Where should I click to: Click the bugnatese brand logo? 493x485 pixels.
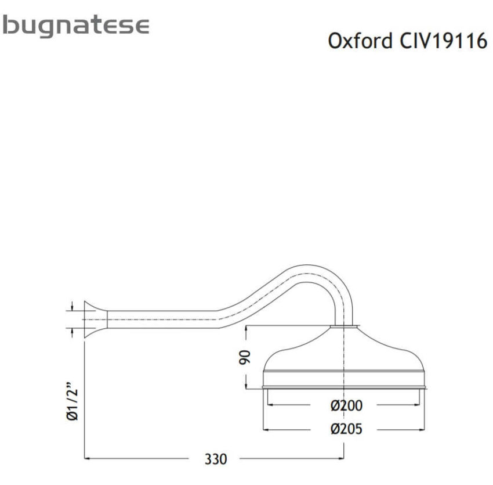click(x=75, y=26)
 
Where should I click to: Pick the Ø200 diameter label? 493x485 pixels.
click(x=347, y=405)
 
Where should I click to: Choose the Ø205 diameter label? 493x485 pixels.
click(x=347, y=429)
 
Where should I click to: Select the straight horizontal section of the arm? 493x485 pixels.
click(x=162, y=319)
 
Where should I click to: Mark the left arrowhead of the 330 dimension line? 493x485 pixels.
click(x=89, y=459)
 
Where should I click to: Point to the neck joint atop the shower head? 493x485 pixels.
click(x=346, y=327)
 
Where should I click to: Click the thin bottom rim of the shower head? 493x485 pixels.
click(x=346, y=387)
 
